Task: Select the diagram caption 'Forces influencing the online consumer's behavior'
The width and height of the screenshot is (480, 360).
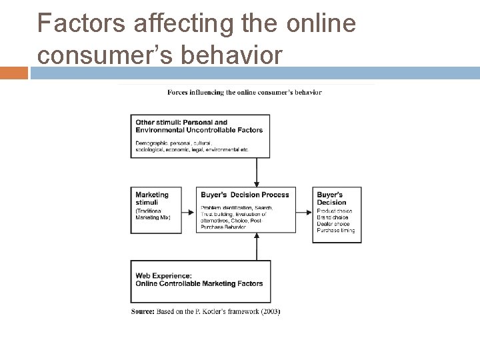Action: click(244, 92)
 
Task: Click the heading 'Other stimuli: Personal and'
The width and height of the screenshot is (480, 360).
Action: click(181, 123)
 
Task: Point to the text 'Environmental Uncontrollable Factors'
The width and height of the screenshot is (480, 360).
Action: click(199, 130)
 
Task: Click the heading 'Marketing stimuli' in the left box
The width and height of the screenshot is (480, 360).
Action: click(152, 198)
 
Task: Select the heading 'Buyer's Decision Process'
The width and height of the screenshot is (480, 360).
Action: click(245, 195)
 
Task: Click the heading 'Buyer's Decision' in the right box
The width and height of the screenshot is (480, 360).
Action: click(331, 198)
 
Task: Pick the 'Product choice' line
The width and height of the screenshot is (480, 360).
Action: click(335, 211)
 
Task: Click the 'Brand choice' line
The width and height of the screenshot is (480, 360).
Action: click(333, 217)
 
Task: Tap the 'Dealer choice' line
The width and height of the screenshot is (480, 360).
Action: click(333, 224)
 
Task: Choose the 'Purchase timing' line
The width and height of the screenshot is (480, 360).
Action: click(336, 231)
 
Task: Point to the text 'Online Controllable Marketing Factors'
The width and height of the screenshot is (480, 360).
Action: click(199, 283)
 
